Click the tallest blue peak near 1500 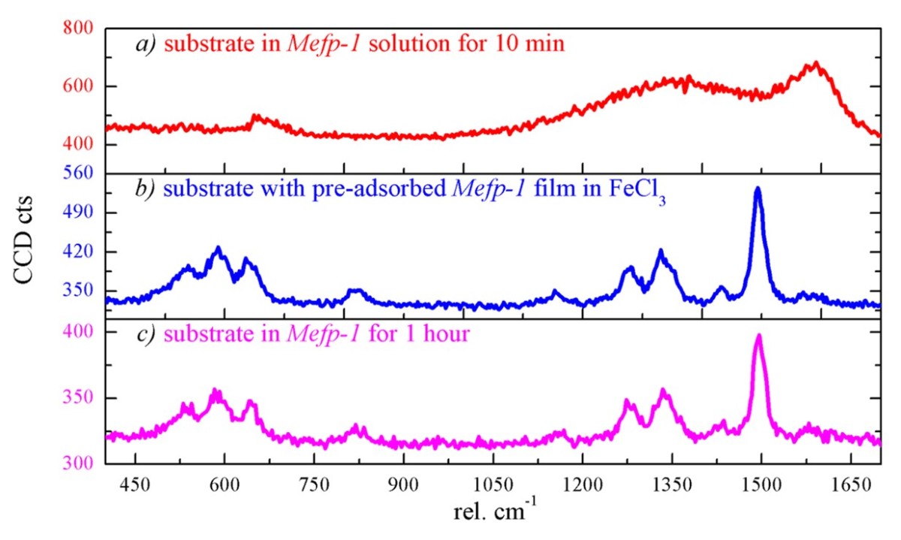click(758, 189)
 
